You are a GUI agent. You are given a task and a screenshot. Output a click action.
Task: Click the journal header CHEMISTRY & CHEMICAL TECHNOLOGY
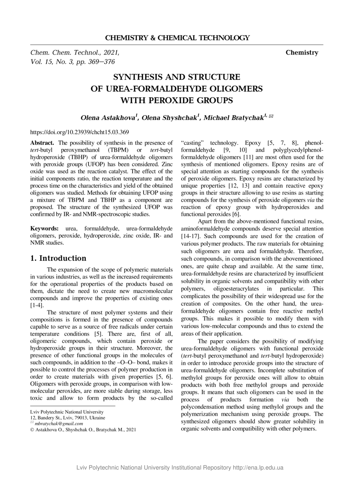[177, 38]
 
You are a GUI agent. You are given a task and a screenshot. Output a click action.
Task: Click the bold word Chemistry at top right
[302, 53]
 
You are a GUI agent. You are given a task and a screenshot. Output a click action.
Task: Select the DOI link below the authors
[80, 132]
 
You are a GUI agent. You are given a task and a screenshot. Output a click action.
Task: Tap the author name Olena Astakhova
[109, 118]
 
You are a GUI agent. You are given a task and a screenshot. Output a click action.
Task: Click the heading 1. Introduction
[58, 258]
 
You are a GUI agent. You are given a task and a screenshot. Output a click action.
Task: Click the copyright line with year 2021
[83, 429]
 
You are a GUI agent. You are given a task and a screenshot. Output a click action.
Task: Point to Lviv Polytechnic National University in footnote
[67, 412]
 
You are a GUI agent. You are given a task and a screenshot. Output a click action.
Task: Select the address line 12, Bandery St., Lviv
[67, 418]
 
